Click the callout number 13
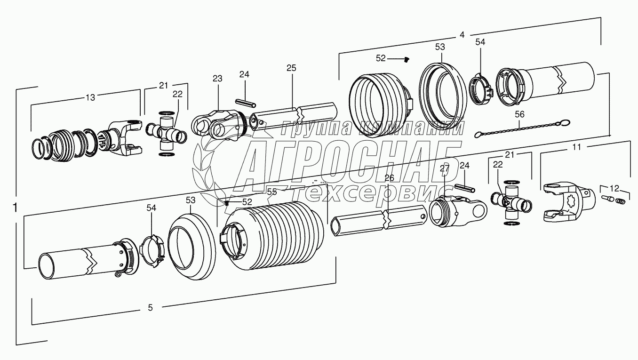point(90,97)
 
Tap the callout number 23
point(217,79)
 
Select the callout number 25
point(291,68)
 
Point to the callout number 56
point(520,113)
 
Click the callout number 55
point(271,192)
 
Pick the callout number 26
point(389,177)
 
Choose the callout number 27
point(444,168)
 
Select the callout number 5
point(150,308)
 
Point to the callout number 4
point(462,35)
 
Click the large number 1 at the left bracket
point(16,208)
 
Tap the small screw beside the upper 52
point(407,59)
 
